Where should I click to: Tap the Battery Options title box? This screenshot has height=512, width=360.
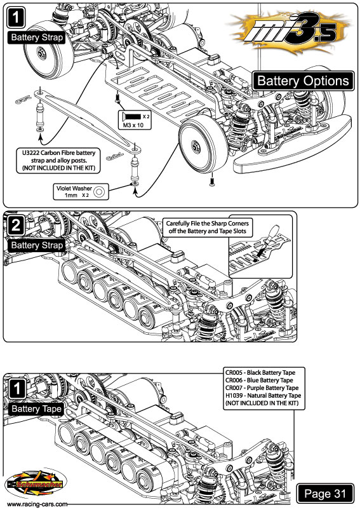pyautogui.click(x=303, y=81)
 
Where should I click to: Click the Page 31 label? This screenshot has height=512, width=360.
pyautogui.click(x=325, y=494)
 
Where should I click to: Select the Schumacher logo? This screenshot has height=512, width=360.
pyautogui.click(x=36, y=484)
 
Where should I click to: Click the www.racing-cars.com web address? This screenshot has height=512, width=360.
pyautogui.click(x=37, y=504)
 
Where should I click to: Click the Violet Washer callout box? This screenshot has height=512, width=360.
pyautogui.click(x=81, y=192)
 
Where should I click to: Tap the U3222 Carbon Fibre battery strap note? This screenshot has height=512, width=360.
pyautogui.click(x=59, y=160)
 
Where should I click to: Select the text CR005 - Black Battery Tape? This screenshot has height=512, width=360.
pyautogui.click(x=260, y=373)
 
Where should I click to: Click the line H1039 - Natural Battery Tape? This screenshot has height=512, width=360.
pyautogui.click(x=263, y=395)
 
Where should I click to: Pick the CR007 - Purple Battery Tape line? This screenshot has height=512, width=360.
pyautogui.click(x=262, y=388)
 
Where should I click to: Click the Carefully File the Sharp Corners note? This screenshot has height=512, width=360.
pyautogui.click(x=207, y=227)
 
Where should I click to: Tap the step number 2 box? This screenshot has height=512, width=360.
pyautogui.click(x=15, y=226)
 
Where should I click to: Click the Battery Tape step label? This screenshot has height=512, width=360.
pyautogui.click(x=36, y=409)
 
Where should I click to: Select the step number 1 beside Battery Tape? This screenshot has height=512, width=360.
pyautogui.click(x=16, y=389)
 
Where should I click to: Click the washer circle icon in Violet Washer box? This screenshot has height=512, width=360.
pyautogui.click(x=99, y=192)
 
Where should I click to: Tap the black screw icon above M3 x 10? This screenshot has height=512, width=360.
pyautogui.click(x=132, y=116)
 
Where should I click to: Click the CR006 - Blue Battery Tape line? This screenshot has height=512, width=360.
pyautogui.click(x=259, y=381)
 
